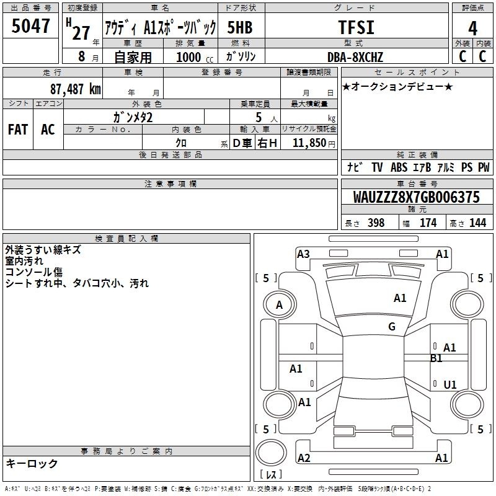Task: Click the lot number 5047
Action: pyautogui.click(x=30, y=26)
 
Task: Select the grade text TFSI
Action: pyautogui.click(x=356, y=27)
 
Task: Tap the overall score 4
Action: pyautogui.click(x=472, y=29)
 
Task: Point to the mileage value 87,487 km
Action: pyautogui.click(x=76, y=89)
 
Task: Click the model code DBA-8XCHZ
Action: pyautogui.click(x=355, y=57)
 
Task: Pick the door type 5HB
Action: pyautogui.click(x=240, y=27)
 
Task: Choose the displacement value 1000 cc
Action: pyautogui.click(x=195, y=57)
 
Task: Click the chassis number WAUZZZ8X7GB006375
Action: pyautogui.click(x=416, y=197)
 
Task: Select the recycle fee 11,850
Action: pyautogui.click(x=309, y=143)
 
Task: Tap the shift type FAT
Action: pyautogui.click(x=18, y=130)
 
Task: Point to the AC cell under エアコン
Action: pyautogui.click(x=48, y=130)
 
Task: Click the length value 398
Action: pyautogui.click(x=376, y=223)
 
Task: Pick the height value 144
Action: pyautogui.click(x=477, y=223)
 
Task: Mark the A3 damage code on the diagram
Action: pyautogui.click(x=303, y=254)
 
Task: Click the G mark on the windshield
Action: pyautogui.click(x=392, y=327)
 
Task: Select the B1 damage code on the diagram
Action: pyautogui.click(x=436, y=358)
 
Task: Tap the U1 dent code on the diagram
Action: pyautogui.click(x=450, y=384)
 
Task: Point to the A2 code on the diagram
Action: pyautogui.click(x=304, y=458)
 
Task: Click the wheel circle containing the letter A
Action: pyautogui.click(x=280, y=304)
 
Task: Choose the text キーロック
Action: pyautogui.click(x=32, y=463)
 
